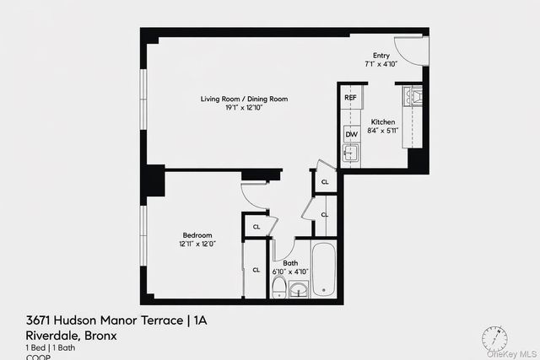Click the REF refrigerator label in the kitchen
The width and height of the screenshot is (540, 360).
351,98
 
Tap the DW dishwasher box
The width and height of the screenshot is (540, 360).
351,134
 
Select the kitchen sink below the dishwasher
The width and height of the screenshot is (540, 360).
351,153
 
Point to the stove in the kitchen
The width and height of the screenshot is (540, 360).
413,97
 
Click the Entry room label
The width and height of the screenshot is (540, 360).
381,56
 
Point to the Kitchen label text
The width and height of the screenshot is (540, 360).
382,121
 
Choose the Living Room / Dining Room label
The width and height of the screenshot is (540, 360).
244,99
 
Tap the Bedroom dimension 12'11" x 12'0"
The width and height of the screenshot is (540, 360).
197,244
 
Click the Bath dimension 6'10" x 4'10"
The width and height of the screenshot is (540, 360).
290,271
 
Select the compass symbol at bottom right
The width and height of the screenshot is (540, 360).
494,339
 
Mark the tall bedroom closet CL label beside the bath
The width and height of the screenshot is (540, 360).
256,270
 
